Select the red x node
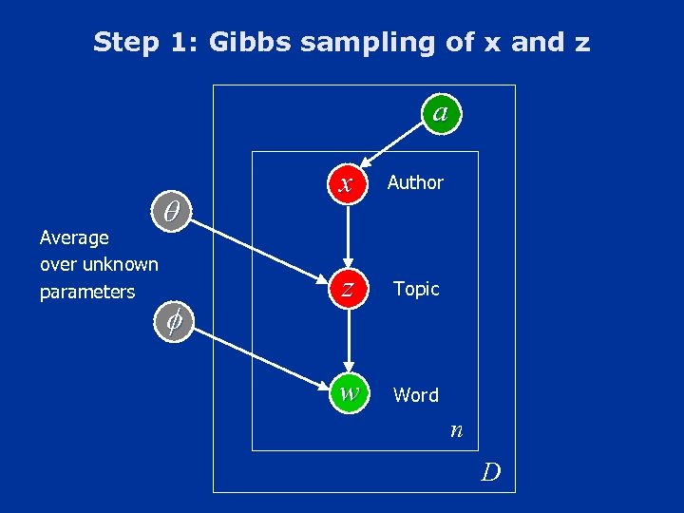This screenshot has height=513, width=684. click(349, 182)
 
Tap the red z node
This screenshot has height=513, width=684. click(349, 289)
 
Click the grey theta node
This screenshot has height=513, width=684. click(172, 212)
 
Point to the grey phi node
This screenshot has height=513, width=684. click(173, 322)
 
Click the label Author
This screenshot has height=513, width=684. click(415, 182)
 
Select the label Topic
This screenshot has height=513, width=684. click(416, 289)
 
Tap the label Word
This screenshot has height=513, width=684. click(416, 395)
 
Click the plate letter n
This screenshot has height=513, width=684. click(456, 431)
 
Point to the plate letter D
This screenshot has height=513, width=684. click(490, 471)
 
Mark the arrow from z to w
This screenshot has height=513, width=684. click(349, 342)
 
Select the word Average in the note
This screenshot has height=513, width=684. click(74, 237)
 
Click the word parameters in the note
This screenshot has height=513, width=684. click(87, 292)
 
